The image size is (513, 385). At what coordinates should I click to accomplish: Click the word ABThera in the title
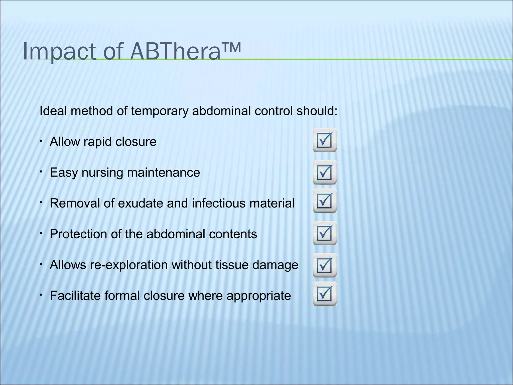coord(175,52)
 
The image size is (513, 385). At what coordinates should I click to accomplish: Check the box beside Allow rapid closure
coord(325,140)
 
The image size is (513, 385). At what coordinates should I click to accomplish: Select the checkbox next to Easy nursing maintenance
coord(325,172)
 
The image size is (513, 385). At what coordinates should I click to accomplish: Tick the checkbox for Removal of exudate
coord(325,201)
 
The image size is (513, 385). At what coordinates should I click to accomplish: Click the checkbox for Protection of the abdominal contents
coord(325,233)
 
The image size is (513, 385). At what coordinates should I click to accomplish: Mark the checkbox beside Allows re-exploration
coord(325,265)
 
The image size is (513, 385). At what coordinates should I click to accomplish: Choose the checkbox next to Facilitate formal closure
coord(325,294)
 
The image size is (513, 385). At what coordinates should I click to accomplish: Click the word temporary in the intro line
coord(160,111)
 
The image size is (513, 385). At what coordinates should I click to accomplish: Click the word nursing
coord(102,173)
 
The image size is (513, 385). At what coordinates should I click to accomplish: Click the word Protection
coord(78,234)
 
